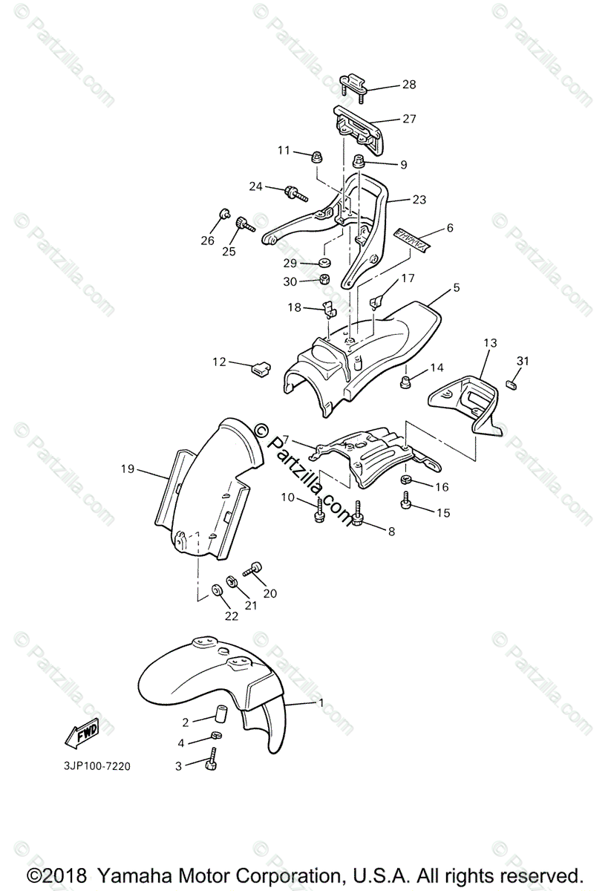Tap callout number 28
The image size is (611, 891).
409,85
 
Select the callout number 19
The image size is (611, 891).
127,469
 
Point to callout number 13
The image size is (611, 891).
490,343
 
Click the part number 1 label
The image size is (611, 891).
321,702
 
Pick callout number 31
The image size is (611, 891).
523,361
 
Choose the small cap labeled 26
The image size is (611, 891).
222,215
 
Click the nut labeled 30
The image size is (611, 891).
324,280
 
